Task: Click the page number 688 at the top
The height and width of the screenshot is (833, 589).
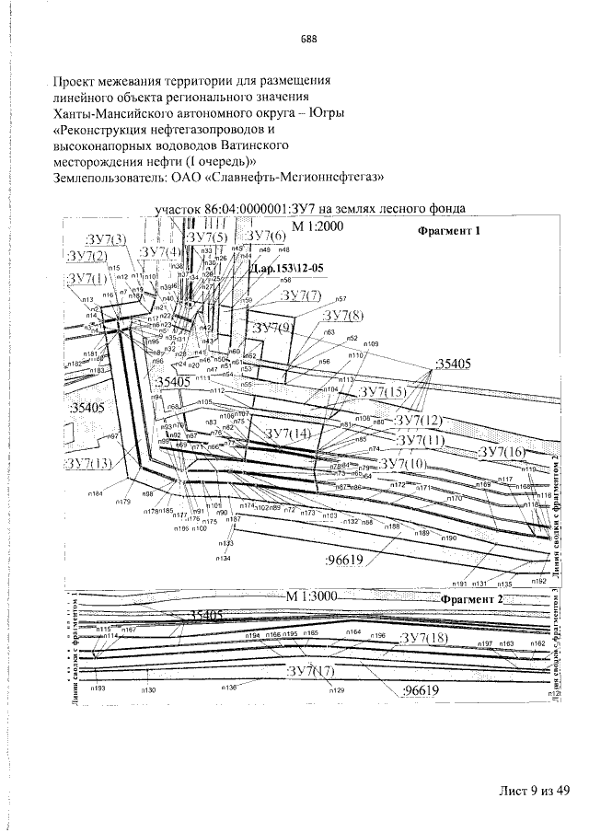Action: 308,39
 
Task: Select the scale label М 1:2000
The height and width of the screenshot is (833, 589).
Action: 318,226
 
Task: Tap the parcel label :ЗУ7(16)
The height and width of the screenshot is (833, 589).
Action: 502,451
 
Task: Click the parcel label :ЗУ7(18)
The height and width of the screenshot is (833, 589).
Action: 424,638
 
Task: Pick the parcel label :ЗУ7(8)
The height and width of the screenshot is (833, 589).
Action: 342,316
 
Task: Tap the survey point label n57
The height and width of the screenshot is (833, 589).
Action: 341,299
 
